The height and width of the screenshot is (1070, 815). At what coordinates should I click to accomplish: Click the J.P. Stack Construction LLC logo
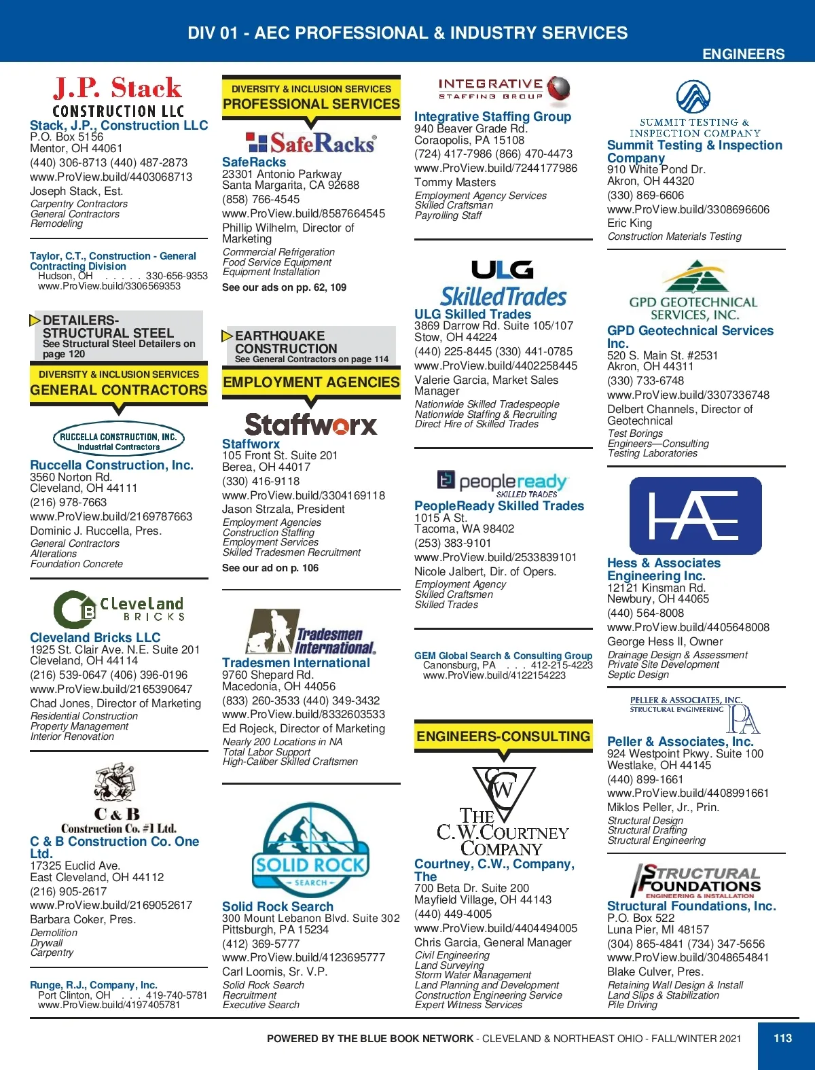pos(117,97)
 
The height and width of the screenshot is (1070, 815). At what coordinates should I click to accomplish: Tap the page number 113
pos(782,1038)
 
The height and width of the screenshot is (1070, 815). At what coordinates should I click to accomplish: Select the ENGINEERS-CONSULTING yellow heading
pos(503,736)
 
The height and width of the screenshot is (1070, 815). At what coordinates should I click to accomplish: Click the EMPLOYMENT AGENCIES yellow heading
pos(311,382)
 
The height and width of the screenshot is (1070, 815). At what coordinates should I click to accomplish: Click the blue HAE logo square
pos(695,516)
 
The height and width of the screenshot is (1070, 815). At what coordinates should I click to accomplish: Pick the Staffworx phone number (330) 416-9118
pos(261,481)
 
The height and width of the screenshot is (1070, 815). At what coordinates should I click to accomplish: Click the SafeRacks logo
pos(311,143)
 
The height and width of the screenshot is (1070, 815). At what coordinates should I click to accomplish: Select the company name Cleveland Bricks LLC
pos(95,637)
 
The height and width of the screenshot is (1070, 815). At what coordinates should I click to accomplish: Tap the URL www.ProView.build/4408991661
pos(688,793)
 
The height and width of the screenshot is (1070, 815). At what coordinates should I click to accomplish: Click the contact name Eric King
pos(630,223)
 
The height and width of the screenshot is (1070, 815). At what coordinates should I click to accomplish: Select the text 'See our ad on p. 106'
pos(270,568)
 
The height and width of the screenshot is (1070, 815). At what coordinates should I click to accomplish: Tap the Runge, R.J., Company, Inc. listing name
pos(94,985)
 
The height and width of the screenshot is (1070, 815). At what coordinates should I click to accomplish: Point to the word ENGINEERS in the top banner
pos(743,54)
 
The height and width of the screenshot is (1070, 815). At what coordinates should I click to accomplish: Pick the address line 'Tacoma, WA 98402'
pos(465,529)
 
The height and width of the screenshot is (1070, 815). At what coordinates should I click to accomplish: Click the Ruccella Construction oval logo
pos(119,440)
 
